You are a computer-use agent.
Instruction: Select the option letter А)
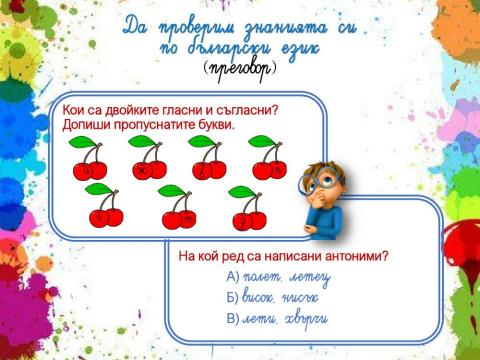[x=234, y=276]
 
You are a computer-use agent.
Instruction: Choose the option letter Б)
[x=234, y=297]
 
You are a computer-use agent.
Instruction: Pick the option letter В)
[x=234, y=318]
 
